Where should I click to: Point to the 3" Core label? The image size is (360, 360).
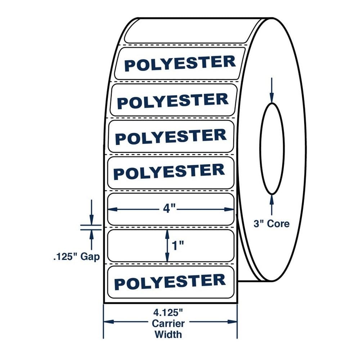[x=271, y=224]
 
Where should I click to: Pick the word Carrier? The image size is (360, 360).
[x=168, y=324]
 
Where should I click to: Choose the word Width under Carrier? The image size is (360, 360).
[x=168, y=334]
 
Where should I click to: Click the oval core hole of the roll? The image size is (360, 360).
[x=272, y=148]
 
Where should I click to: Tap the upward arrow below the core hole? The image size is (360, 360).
[x=272, y=200]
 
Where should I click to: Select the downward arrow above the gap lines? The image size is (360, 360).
[x=91, y=218]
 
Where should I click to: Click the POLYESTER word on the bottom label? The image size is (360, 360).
[x=170, y=282]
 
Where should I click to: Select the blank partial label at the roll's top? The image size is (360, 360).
[x=187, y=31]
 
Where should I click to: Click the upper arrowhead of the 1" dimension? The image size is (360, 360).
[x=167, y=233]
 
